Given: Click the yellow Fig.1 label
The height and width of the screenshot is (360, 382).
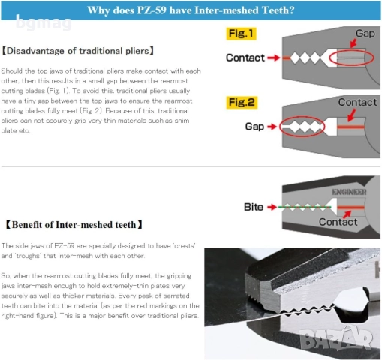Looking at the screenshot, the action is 241,34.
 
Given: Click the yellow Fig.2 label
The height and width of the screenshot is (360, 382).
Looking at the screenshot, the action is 242,102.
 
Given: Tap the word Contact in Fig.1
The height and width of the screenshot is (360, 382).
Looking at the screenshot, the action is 245,58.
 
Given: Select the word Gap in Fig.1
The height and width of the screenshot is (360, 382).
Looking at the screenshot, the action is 365,34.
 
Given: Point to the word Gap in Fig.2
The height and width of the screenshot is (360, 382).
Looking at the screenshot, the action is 254,127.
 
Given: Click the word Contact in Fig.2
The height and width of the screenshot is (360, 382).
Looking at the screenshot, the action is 357,102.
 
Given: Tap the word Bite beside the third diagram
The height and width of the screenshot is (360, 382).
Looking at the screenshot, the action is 254,207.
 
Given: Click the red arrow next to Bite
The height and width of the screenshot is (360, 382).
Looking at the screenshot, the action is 272,207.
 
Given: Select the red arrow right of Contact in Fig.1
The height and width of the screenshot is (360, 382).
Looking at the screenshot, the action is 274,58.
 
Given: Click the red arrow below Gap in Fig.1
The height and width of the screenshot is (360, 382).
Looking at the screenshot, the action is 353,43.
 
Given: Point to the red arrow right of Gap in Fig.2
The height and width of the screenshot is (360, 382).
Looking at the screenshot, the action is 272,127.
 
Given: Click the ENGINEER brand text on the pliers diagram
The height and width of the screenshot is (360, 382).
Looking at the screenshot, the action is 349,192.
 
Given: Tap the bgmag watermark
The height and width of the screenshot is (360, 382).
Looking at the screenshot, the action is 44,23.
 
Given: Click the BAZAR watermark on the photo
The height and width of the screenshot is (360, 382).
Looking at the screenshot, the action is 336,337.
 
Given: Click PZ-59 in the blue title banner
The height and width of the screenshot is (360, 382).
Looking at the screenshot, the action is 152,10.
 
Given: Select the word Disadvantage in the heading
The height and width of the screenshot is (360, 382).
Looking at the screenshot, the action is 35,51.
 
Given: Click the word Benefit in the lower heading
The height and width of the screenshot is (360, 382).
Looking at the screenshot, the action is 27,225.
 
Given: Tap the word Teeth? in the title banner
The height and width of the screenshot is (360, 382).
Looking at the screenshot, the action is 278,10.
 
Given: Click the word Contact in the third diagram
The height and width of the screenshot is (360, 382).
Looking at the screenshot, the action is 338,222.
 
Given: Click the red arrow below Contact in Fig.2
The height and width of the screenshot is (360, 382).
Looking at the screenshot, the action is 352,115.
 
